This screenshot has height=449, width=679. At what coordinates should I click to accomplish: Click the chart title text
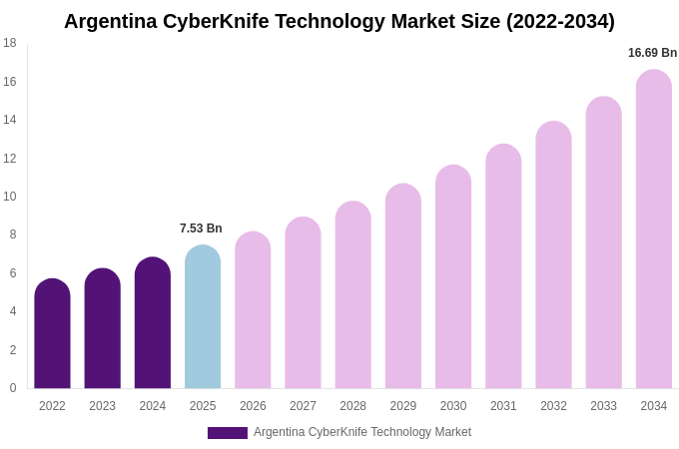coord(339,21)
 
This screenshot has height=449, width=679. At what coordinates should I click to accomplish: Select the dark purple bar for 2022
coord(52,334)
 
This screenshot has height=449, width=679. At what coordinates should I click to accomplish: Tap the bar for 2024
coord(153,323)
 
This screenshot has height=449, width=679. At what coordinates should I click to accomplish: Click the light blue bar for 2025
coord(203,317)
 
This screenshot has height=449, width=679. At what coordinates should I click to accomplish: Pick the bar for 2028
coord(352,295)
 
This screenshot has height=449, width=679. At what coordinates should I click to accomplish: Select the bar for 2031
coord(503,266)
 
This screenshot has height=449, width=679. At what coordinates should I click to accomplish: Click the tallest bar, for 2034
coord(654,229)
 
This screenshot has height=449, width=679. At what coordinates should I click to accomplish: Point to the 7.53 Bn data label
coord(201,228)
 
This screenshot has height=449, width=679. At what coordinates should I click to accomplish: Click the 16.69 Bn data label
coord(652,53)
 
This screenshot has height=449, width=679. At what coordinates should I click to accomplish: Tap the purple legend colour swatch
coord(227,433)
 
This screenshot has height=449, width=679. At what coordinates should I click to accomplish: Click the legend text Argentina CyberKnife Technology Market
coord(362,432)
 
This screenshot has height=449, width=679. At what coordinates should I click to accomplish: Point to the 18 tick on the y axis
coord(10,43)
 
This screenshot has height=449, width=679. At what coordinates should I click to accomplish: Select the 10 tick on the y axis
coord(10,197)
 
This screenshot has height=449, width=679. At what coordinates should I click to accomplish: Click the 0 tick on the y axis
coord(13,388)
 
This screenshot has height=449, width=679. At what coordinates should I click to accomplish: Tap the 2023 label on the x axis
coord(102,406)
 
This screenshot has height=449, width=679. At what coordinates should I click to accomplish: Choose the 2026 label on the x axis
coord(253,406)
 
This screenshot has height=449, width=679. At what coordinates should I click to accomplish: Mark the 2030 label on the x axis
coord(453,406)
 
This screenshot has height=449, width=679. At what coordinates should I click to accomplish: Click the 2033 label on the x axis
coord(603,406)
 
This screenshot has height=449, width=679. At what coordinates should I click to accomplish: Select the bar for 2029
coord(403,286)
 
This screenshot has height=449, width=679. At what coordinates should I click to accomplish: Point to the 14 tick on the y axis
coord(10,120)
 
